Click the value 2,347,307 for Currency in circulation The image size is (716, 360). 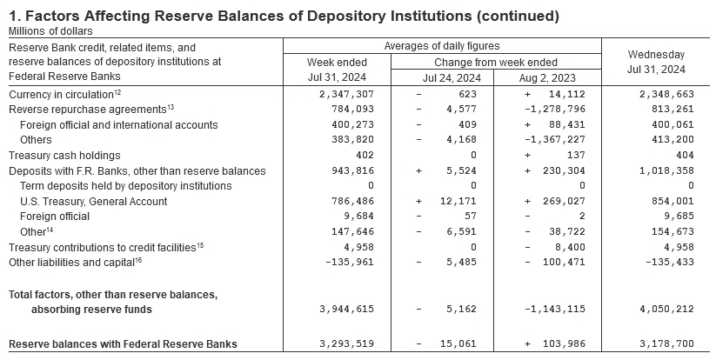[x=346, y=94]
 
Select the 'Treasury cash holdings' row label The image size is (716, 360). [x=64, y=156]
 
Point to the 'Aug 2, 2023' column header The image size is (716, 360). [x=547, y=78]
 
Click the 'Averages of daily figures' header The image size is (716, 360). [x=442, y=46]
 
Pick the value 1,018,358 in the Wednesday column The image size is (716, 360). [x=666, y=170]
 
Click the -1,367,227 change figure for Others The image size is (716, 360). [x=555, y=140]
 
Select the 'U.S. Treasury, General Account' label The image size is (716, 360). [x=94, y=201]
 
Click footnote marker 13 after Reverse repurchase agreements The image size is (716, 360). [x=171, y=107]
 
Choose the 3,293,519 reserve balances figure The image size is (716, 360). [x=346, y=343]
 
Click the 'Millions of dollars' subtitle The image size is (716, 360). [x=50, y=31]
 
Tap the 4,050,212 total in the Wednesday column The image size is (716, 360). [x=666, y=309]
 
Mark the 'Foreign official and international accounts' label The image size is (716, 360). [x=118, y=125]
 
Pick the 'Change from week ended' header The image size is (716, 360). [x=495, y=62]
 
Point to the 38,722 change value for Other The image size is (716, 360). [x=566, y=232]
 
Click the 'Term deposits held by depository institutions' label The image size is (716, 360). [x=126, y=186]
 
